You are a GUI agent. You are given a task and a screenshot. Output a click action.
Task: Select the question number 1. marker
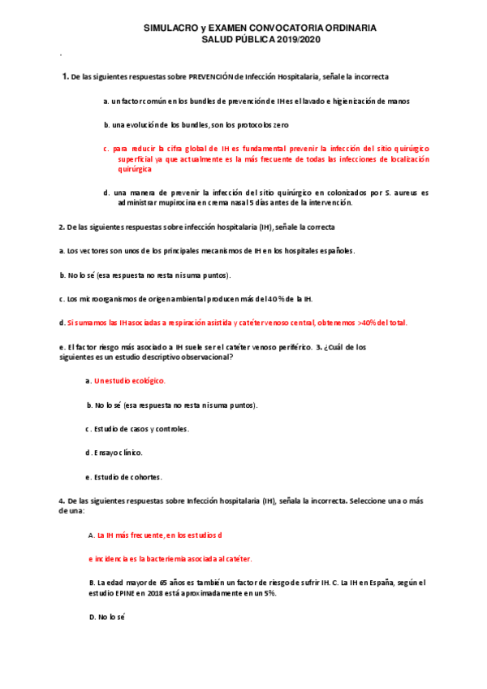point(65,77)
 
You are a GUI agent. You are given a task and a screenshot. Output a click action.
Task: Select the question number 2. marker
point(62,227)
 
